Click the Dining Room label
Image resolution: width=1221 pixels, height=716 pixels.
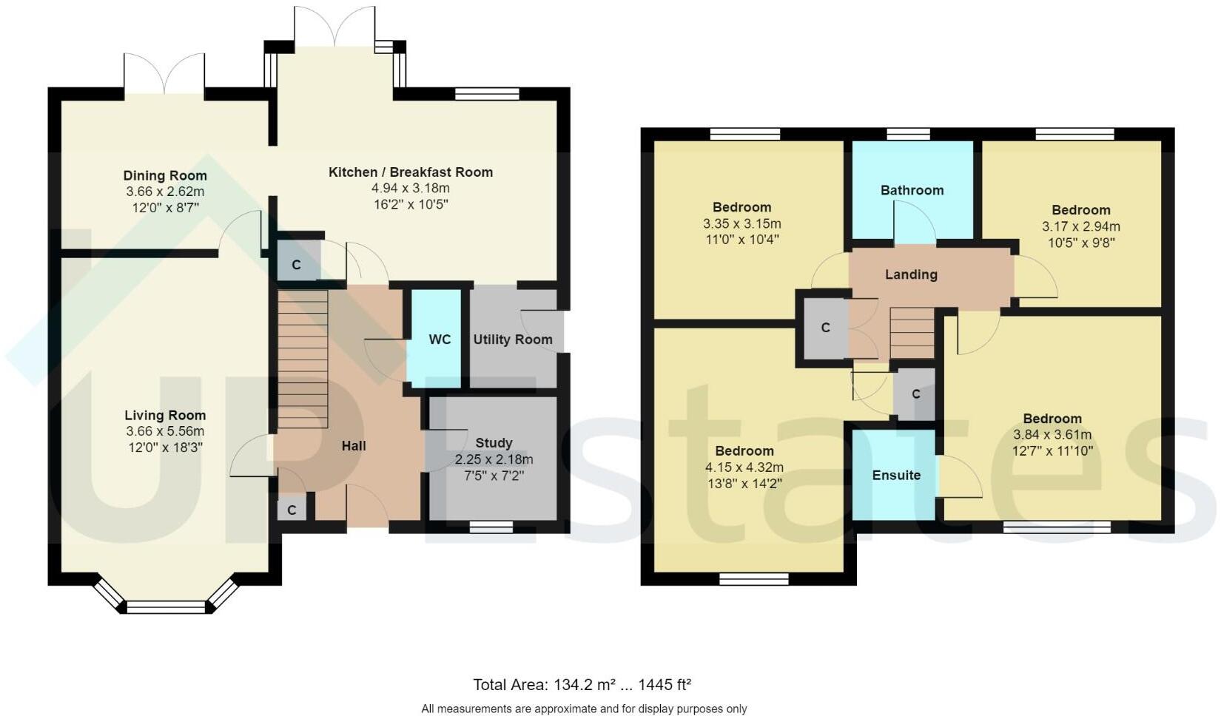click(164, 175)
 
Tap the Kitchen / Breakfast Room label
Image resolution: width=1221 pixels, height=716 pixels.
click(411, 172)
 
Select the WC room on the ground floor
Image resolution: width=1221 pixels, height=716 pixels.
click(440, 339)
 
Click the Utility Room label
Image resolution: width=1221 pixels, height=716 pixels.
click(513, 340)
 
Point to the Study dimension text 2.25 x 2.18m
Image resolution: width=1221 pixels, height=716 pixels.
click(494, 459)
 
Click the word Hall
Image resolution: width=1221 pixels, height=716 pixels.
click(354, 446)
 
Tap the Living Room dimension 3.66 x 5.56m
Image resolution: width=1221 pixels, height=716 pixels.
click(165, 431)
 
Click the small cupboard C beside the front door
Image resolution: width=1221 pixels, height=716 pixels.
click(292, 510)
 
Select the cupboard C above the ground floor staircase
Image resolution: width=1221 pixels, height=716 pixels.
click(296, 264)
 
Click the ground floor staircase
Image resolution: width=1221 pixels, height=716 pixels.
click(303, 359)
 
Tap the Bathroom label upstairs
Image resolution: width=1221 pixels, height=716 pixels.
click(912, 190)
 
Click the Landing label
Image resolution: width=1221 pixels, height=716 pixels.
click(911, 274)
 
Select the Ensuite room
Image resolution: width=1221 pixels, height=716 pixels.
click(895, 475)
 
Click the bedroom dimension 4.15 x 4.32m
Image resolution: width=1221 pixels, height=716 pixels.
click(744, 467)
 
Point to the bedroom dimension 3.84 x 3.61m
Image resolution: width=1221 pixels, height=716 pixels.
click(1052, 434)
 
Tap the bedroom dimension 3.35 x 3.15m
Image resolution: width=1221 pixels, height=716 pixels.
click(742, 223)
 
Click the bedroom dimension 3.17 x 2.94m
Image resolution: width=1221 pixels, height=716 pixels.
click(1080, 226)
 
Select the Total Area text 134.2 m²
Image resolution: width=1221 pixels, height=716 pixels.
click(582, 684)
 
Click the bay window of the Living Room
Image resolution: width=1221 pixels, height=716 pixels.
click(165, 607)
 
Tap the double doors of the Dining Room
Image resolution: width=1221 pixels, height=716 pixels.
click(164, 74)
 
